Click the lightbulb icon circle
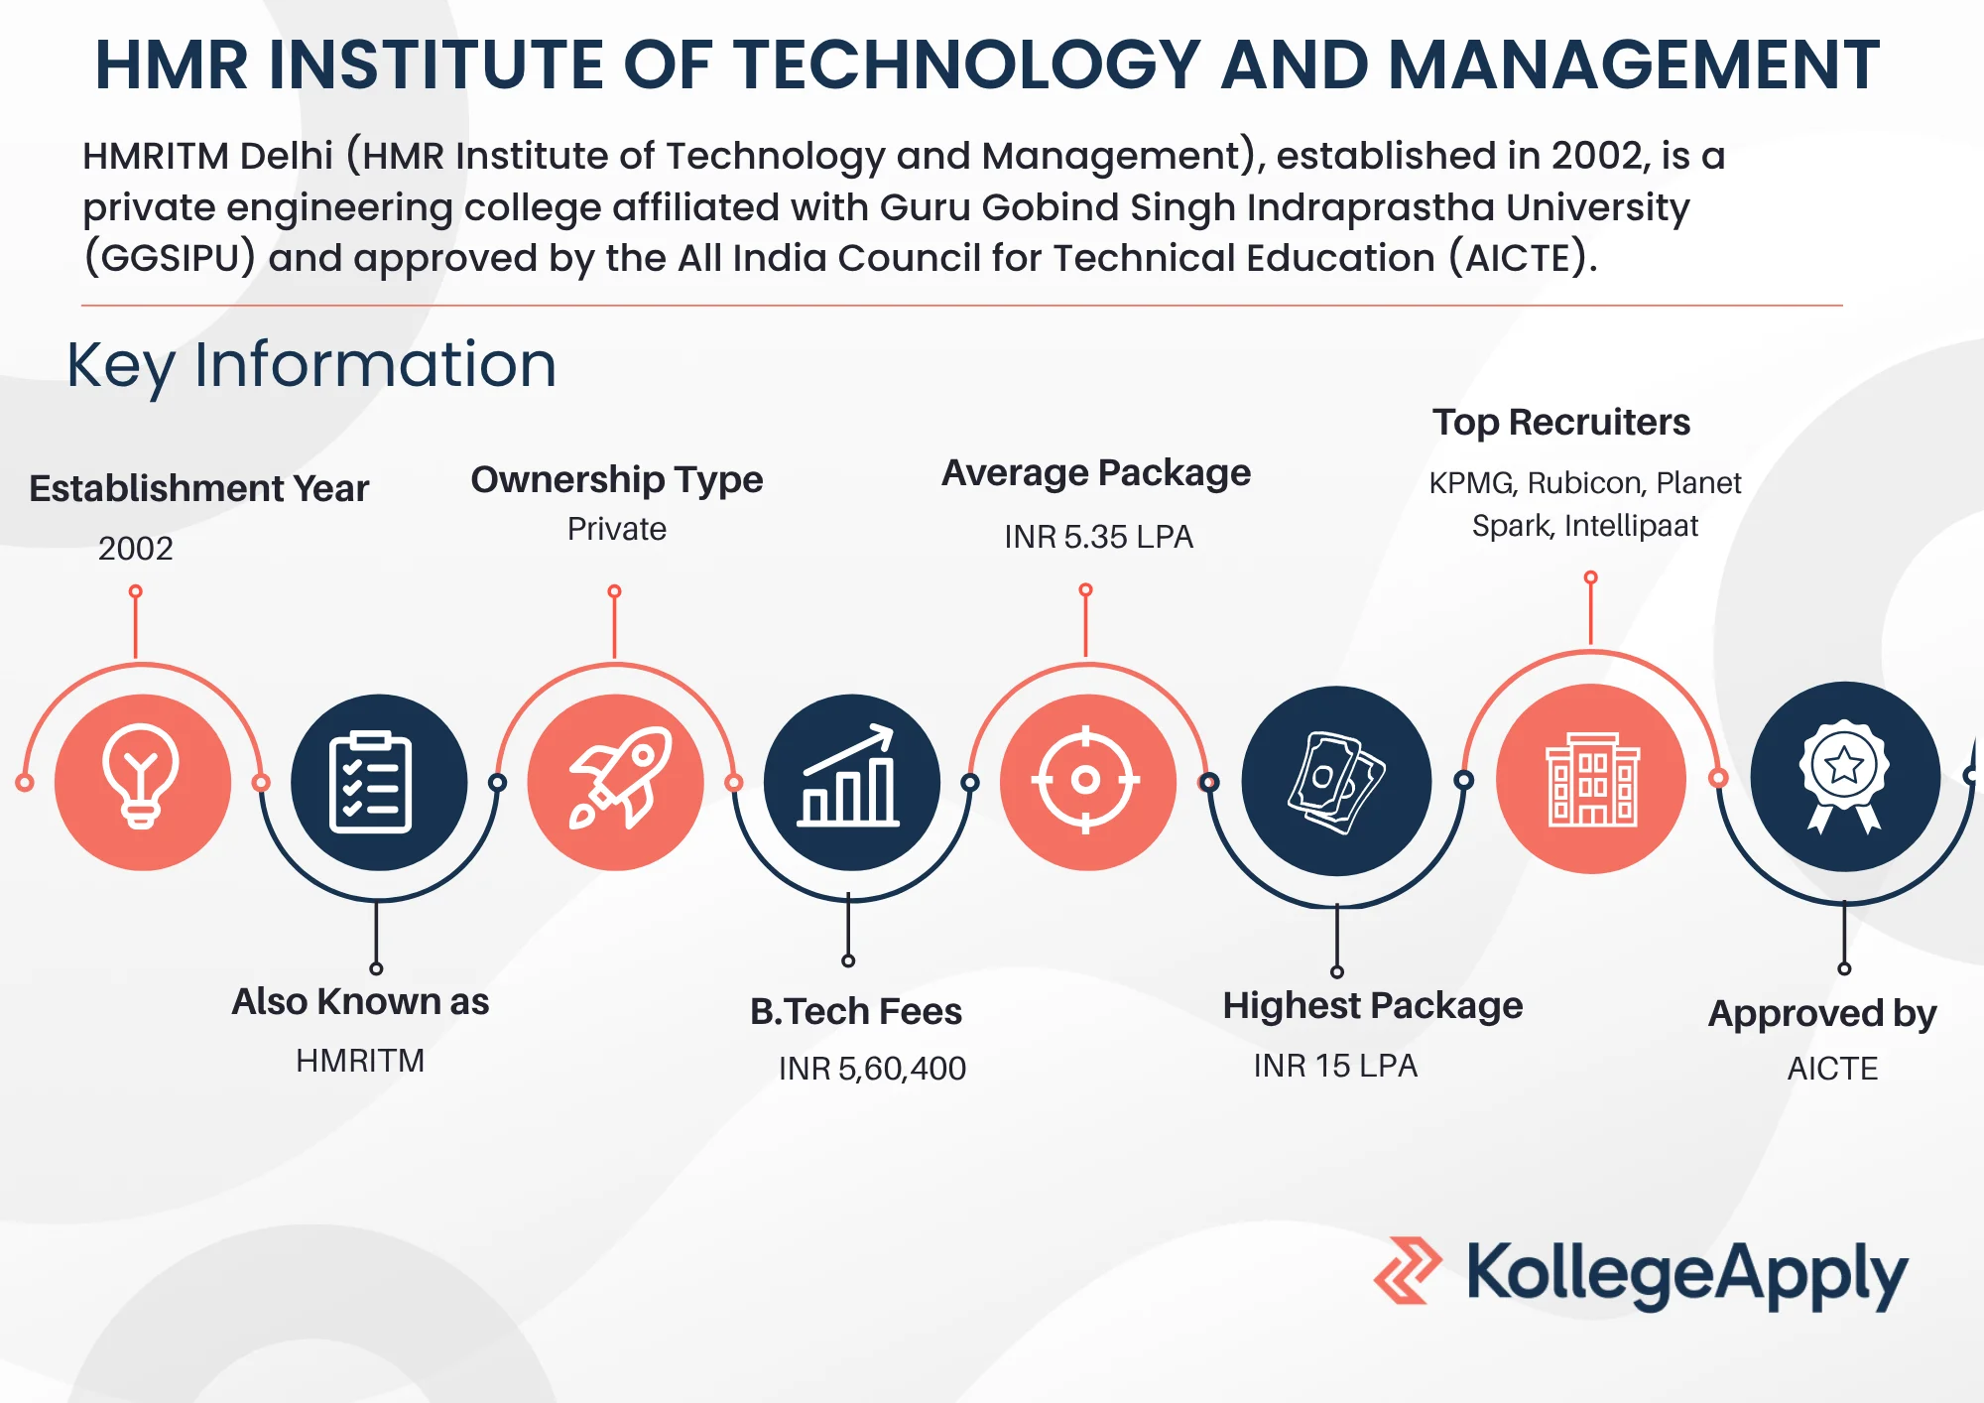[143, 782]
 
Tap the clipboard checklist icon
[370, 782]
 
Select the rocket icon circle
[615, 782]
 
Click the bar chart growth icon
[850, 776]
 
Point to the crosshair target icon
[1086, 780]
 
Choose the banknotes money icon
[1336, 782]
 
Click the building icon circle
[1591, 779]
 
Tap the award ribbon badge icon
[1844, 776]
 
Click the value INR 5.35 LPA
[1098, 537]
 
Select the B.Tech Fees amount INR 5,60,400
[872, 1069]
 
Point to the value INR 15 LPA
[1335, 1066]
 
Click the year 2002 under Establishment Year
[136, 549]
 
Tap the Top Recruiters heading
[1561, 423]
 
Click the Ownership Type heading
[617, 480]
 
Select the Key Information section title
[311, 366]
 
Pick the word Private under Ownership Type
[617, 529]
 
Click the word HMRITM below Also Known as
[360, 1061]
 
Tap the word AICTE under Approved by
[1833, 1069]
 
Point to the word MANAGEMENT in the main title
[1634, 65]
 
